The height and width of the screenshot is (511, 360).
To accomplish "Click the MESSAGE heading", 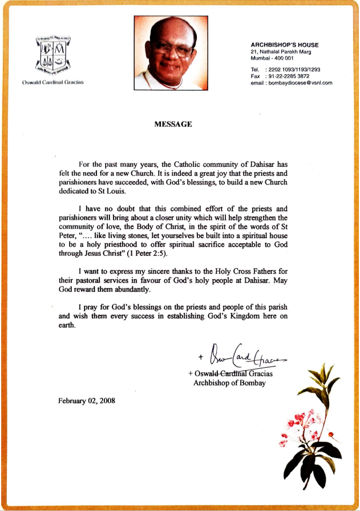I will [173, 124].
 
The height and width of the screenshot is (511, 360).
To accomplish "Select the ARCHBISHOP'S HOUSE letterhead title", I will [285, 45].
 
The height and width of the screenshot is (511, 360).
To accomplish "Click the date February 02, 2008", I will [87, 400].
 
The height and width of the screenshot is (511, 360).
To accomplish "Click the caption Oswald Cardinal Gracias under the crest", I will [53, 83].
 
